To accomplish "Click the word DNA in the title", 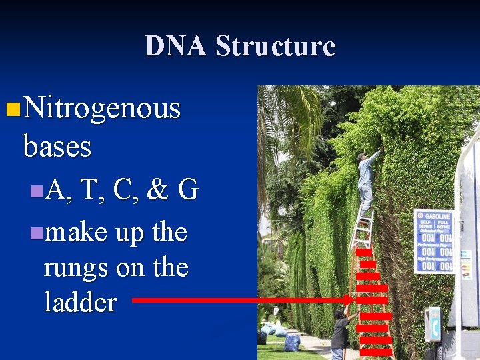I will click(175, 46).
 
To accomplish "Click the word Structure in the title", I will click(275, 46).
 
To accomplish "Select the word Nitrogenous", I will click(101, 107).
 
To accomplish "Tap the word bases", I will click(57, 146).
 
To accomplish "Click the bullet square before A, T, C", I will click(35, 192).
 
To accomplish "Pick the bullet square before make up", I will click(35, 233).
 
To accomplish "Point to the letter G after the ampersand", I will click(188, 191).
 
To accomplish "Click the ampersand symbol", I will click(157, 191).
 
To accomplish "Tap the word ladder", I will click(80, 303).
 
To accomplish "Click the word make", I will click(75, 233).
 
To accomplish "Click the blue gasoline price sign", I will click(433, 241).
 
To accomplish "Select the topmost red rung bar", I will click(363, 253).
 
